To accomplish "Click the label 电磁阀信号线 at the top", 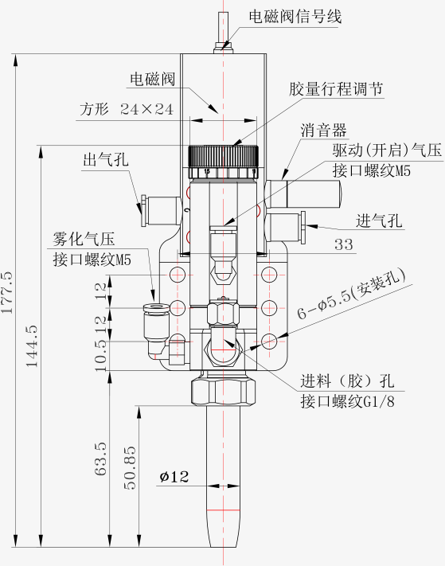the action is [295, 16].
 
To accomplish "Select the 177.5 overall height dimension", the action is [7, 291].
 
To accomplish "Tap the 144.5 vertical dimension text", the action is [31, 345].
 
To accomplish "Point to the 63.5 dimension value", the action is [100, 459].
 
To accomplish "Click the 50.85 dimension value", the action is [130, 468].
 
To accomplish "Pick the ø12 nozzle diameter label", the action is [174, 477].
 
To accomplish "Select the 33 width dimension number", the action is [343, 244].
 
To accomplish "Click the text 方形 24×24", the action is [127, 109].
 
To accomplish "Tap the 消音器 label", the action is [323, 130].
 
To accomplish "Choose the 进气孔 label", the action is [379, 221].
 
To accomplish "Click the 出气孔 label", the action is [106, 159].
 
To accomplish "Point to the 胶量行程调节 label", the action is [336, 89].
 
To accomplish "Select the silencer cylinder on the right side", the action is [303, 193].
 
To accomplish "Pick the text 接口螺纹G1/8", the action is [348, 401].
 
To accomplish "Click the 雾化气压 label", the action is [84, 239].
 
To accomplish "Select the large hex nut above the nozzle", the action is [223, 392].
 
